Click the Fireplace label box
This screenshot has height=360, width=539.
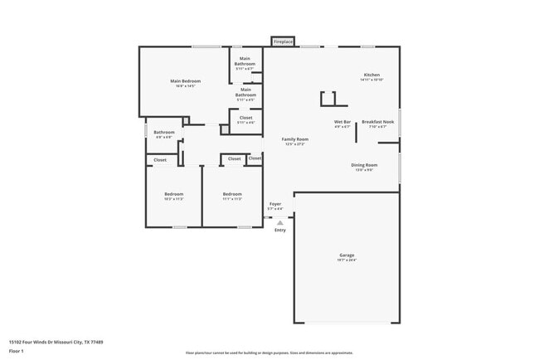click(x=283, y=41)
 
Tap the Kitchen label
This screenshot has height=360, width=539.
click(x=371, y=75)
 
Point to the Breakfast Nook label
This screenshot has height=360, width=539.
click(x=377, y=122)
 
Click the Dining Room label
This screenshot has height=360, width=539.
click(x=364, y=165)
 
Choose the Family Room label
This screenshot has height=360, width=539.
click(x=294, y=139)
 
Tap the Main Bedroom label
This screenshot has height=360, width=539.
click(x=186, y=80)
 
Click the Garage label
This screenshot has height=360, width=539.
click(x=347, y=255)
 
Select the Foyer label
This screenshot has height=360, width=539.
click(x=275, y=203)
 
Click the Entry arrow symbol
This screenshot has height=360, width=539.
click(x=280, y=222)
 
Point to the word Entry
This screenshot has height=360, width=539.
click(x=280, y=230)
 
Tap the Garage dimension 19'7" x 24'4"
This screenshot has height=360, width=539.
click(x=347, y=260)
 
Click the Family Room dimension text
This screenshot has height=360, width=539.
click(x=294, y=144)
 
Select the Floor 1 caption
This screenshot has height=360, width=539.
click(x=17, y=351)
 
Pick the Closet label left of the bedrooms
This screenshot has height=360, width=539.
click(x=160, y=159)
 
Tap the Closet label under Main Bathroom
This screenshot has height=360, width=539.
click(x=245, y=118)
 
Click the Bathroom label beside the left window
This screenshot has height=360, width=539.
click(x=163, y=132)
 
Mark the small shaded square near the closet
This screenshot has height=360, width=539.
click(x=225, y=130)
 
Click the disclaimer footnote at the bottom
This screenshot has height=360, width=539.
click(x=269, y=353)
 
